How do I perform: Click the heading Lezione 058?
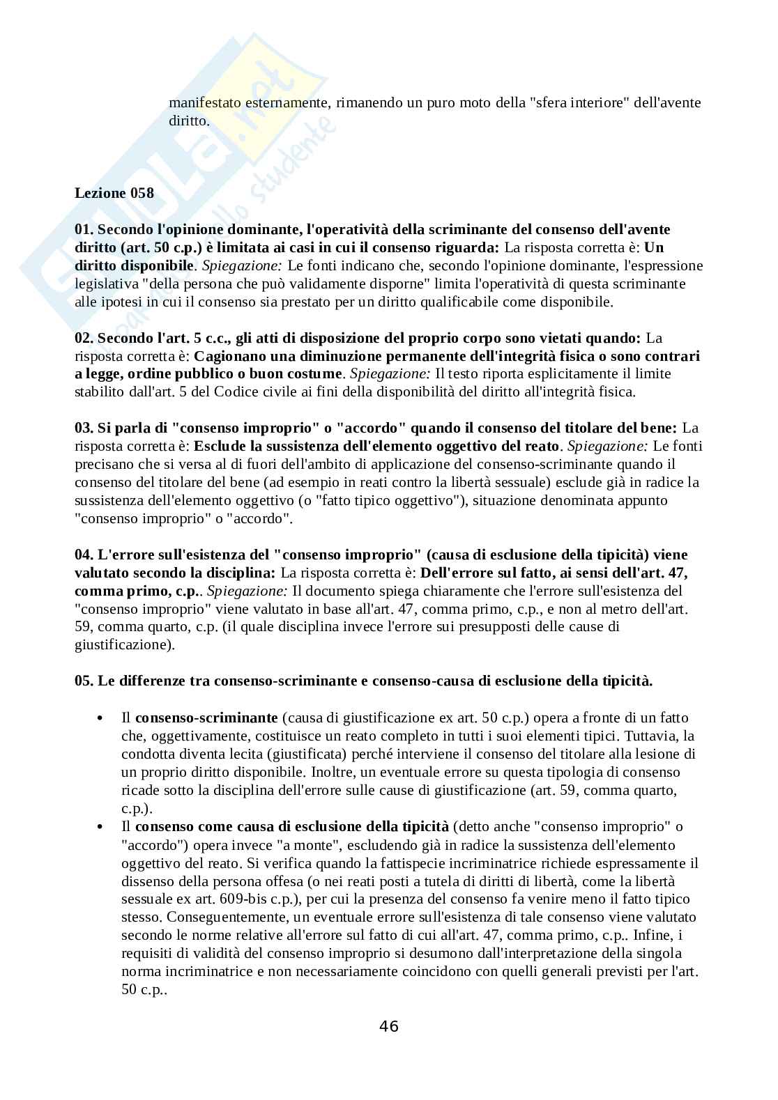114,194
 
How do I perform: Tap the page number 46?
389,1026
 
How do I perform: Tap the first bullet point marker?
101,718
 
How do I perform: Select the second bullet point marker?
101,827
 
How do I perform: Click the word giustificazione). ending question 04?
124,645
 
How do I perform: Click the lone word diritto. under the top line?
188,121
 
